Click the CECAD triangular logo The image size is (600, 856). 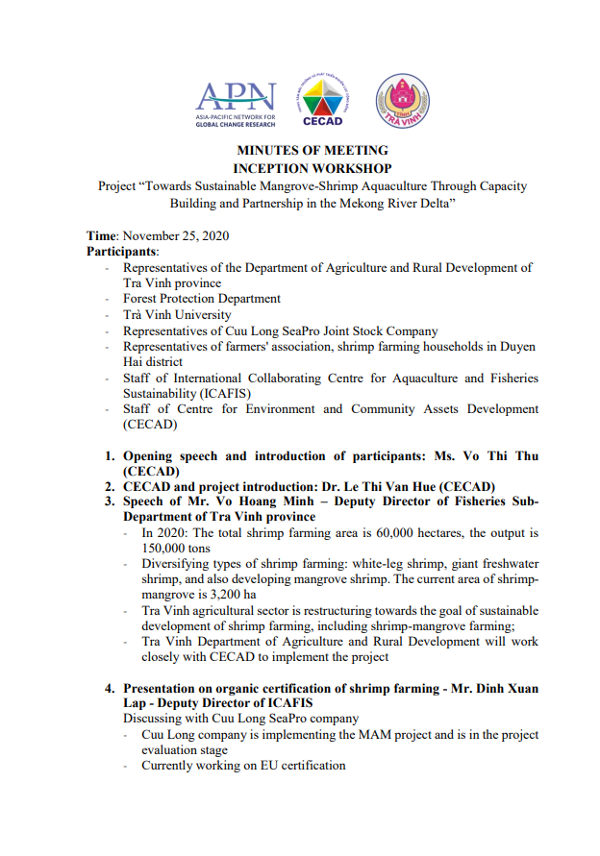322,100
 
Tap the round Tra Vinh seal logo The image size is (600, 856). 402,101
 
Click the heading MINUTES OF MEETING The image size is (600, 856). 312,151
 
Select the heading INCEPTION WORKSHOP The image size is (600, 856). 312,167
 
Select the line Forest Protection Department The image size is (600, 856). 201,299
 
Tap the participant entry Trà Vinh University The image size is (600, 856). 177,314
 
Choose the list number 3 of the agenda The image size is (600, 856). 111,501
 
